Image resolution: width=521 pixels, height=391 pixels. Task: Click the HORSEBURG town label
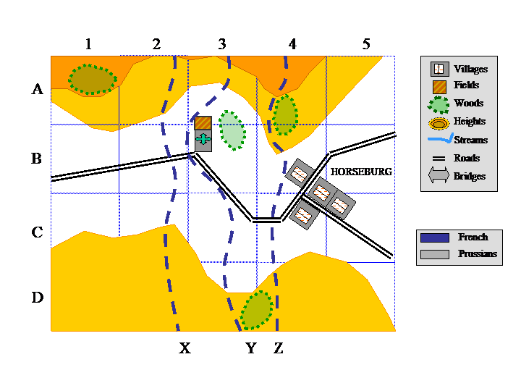click(x=361, y=172)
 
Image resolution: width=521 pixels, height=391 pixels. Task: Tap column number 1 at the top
click(x=88, y=44)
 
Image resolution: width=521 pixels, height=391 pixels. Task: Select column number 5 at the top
click(x=366, y=44)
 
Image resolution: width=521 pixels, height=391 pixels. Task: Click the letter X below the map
click(x=185, y=349)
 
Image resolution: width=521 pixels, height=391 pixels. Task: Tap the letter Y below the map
click(x=251, y=349)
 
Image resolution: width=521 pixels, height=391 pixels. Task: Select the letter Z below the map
click(x=279, y=349)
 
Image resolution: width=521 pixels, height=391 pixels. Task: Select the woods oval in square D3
click(x=256, y=309)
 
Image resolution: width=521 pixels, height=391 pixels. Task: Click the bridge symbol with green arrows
click(x=203, y=140)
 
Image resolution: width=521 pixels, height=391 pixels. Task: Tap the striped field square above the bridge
click(x=203, y=123)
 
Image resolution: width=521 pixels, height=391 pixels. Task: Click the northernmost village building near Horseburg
click(x=299, y=174)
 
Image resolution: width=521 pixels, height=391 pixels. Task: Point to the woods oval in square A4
click(x=285, y=114)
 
